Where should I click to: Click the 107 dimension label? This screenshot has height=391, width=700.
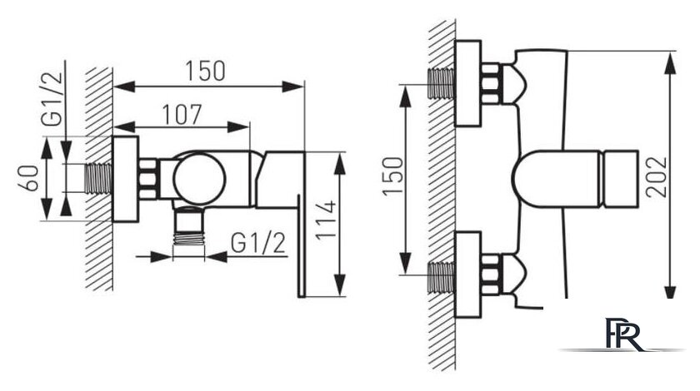182,115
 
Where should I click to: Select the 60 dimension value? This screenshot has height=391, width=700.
28,178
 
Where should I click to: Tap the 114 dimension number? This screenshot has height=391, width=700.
326,220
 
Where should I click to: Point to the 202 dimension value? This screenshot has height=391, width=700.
657,177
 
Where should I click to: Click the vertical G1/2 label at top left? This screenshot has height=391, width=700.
52,100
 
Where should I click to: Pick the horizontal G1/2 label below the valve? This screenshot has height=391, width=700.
258,244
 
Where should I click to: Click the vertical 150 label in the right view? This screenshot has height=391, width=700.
392,176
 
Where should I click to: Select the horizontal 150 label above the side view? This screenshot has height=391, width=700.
205,71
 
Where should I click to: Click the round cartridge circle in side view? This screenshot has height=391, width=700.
199,179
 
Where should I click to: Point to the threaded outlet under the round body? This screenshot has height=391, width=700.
189,227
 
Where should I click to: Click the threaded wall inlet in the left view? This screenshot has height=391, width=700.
97,178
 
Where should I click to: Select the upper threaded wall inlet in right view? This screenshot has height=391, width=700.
442,83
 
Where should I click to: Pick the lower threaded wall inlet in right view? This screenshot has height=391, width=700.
442,277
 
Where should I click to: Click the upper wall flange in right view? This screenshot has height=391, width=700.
467,83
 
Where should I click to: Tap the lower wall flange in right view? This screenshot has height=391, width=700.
467,275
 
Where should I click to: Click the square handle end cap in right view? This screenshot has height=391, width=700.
620,179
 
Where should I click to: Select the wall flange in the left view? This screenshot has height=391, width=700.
126,179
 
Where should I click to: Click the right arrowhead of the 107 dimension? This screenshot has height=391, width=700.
238,127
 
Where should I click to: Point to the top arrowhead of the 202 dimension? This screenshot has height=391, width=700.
670,62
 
